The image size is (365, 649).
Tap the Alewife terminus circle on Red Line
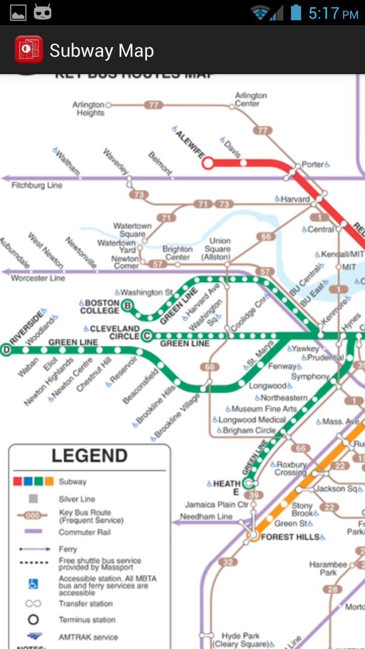click(208, 163)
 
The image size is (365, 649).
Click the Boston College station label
click(99, 307)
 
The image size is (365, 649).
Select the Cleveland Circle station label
click(114, 333)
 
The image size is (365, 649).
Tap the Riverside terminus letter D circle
click(6, 349)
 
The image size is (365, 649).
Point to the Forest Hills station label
click(290, 536)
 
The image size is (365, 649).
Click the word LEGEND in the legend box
click(89, 456)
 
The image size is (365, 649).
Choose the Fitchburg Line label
click(36, 186)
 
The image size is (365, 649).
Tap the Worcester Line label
click(38, 278)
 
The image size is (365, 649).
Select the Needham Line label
click(206, 517)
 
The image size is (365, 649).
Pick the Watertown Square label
click(132, 230)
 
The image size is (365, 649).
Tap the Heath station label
click(227, 487)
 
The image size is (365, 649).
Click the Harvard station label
click(295, 199)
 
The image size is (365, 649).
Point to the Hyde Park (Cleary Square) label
click(240, 640)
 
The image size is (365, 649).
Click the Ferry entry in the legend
click(68, 549)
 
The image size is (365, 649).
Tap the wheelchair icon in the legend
click(33, 584)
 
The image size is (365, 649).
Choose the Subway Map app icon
click(28, 50)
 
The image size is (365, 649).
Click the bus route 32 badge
click(228, 562)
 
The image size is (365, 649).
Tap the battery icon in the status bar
click(296, 13)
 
